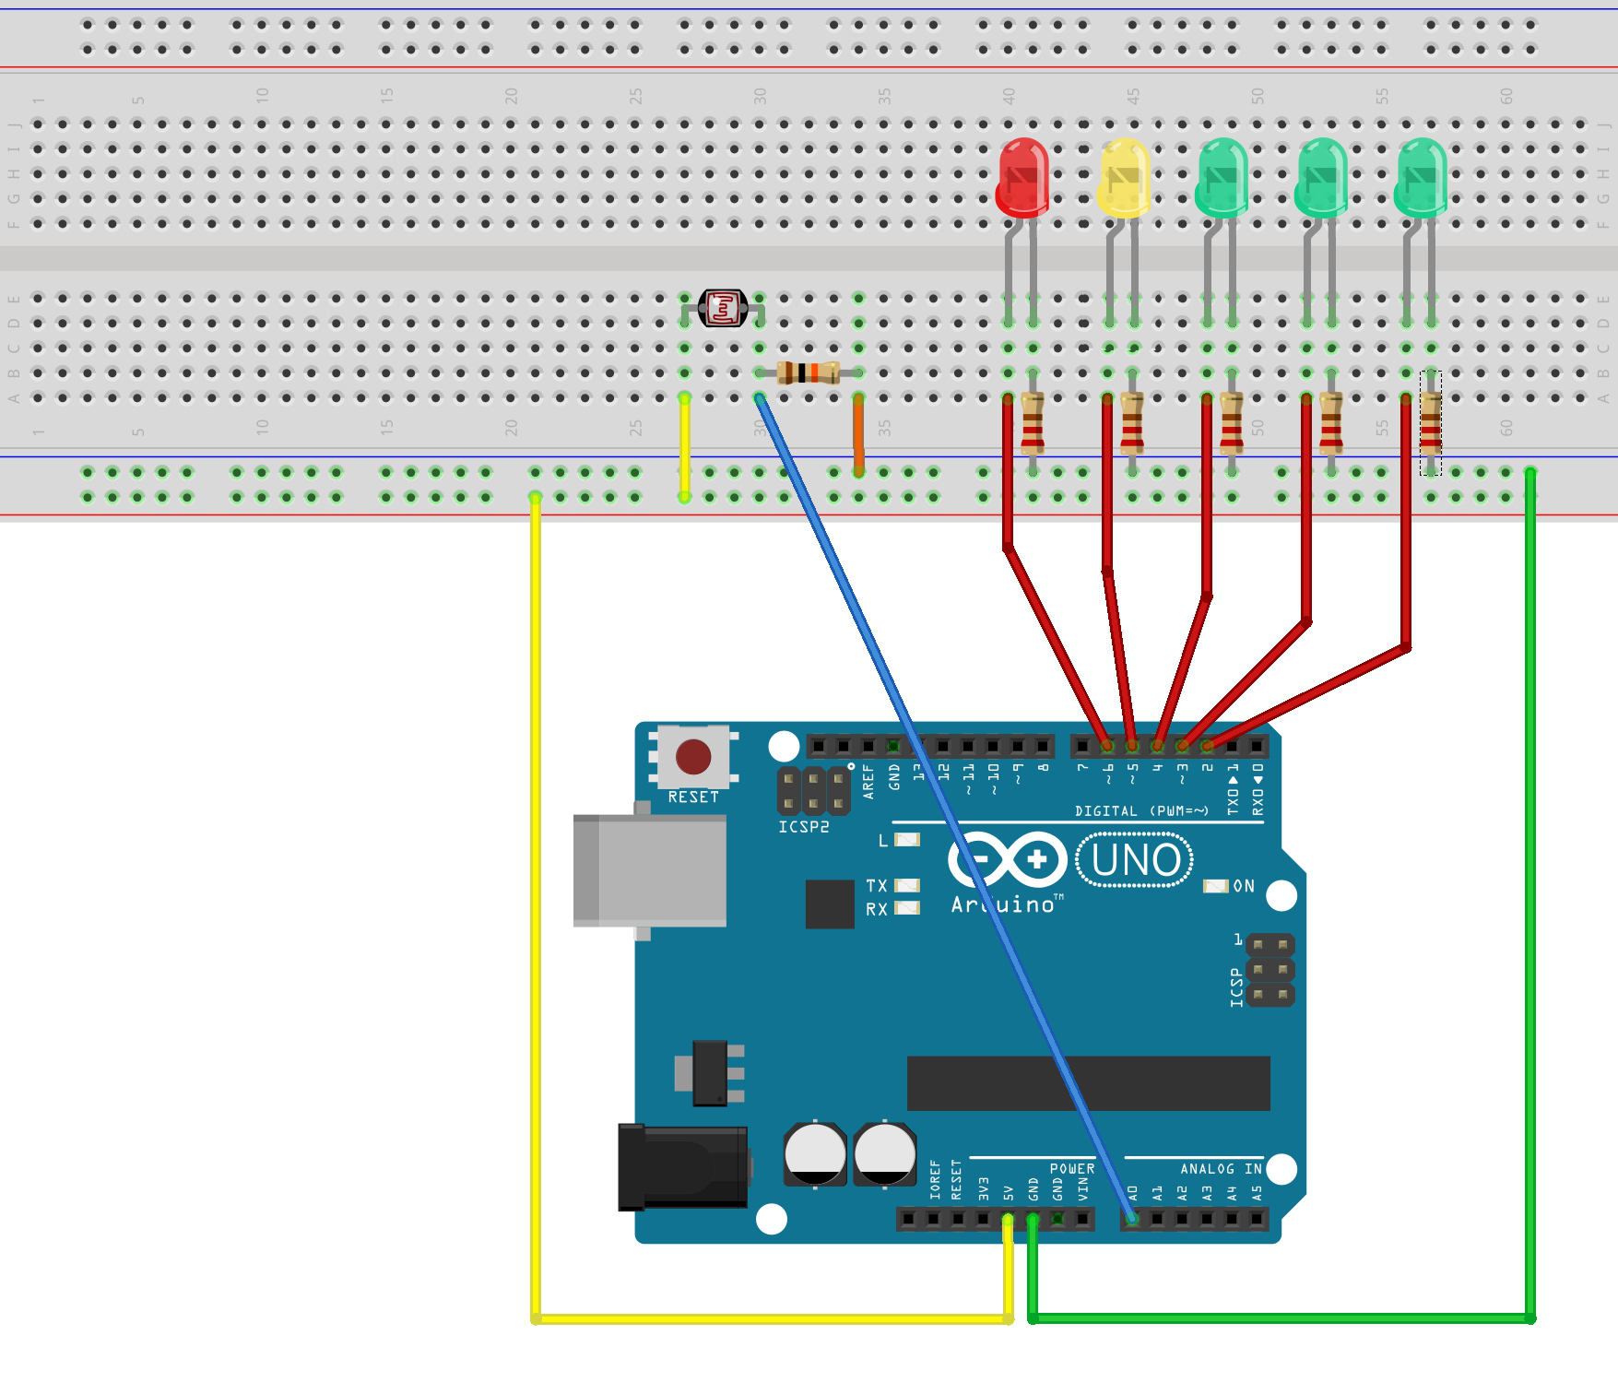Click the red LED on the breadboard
[x=1022, y=178]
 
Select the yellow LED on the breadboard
[x=1124, y=178]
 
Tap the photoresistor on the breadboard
[x=723, y=309]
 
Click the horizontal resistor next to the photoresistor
[x=808, y=372]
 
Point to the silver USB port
[x=650, y=870]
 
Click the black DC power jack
[x=683, y=1166]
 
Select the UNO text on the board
[x=1135, y=860]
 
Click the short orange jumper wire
[x=858, y=433]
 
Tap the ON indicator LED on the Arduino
[x=1216, y=886]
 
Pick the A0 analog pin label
[x=1133, y=1193]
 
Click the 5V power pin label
[x=1009, y=1193]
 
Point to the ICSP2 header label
[x=804, y=827]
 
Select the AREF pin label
[x=868, y=781]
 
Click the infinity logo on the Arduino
[x=1007, y=860]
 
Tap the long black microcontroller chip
[x=1088, y=1083]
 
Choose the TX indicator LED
[x=908, y=885]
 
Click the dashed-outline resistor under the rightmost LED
[x=1430, y=423]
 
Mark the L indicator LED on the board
[x=908, y=840]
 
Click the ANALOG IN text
[x=1221, y=1169]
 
